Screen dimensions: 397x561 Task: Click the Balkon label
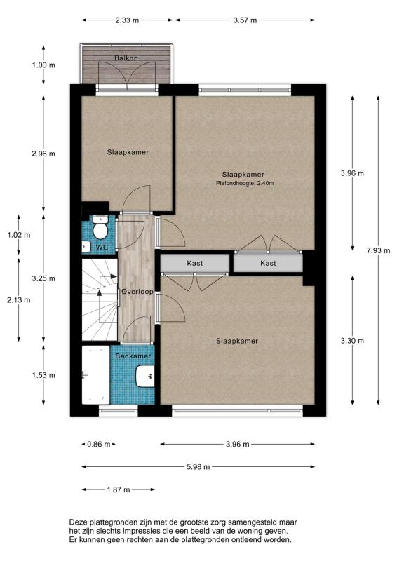[126, 58]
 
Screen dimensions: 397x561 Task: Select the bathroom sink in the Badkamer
[145, 376]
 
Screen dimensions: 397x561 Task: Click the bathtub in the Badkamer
[95, 374]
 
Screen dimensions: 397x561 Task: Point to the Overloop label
[137, 292]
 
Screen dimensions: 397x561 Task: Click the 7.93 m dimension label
[378, 250]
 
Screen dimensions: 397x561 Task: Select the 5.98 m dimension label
[198, 466]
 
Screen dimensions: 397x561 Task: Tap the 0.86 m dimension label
[98, 445]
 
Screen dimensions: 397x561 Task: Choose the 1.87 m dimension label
[118, 489]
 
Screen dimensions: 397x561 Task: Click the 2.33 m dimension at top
[127, 20]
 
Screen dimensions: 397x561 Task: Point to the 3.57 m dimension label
[245, 20]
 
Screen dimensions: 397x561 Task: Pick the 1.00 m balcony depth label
[43, 65]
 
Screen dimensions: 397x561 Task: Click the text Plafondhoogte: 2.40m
[245, 183]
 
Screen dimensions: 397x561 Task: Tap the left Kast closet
[195, 263]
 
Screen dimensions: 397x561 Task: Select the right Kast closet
[268, 263]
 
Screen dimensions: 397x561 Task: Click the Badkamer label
[133, 356]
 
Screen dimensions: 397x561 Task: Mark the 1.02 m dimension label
[19, 235]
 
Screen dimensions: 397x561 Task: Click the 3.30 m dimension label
[352, 341]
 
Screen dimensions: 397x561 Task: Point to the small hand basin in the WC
[86, 247]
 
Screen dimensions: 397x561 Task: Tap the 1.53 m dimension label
[43, 375]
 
